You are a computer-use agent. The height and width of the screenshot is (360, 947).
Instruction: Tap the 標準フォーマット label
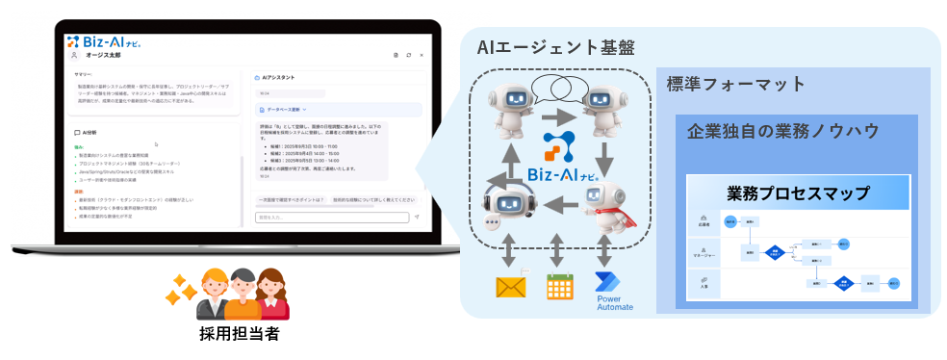tap(736, 85)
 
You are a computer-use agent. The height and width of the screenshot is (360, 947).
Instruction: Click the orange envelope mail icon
tap(511, 287)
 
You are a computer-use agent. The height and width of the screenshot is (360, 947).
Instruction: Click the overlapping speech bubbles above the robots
tap(559, 90)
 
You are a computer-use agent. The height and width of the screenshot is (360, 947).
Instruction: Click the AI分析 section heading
tap(90, 132)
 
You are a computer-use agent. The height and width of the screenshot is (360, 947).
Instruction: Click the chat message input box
tap(332, 218)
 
